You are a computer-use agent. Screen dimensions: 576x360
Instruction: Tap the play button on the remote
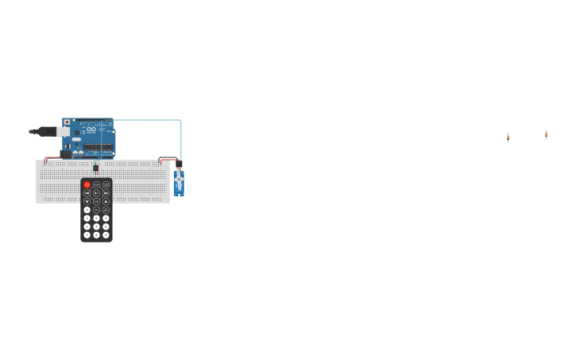click(96, 193)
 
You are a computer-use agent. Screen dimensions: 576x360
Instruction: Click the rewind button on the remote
click(87, 193)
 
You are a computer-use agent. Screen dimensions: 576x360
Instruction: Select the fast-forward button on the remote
click(106, 193)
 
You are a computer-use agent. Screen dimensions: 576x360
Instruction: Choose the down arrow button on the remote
click(87, 202)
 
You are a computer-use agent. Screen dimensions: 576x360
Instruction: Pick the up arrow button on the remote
click(106, 202)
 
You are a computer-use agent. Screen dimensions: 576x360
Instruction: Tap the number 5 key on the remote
click(96, 226)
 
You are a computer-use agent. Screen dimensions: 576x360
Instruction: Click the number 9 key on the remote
click(106, 234)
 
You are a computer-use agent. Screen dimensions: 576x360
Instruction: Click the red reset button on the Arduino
click(67, 122)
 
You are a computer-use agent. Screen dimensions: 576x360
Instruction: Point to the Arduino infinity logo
click(91, 130)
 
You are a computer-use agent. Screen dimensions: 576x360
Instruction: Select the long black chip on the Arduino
click(99, 147)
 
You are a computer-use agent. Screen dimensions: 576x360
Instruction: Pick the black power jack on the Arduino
click(65, 153)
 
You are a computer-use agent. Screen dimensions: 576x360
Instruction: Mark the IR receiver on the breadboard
click(96, 168)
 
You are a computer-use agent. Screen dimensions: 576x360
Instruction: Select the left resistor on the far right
click(508, 138)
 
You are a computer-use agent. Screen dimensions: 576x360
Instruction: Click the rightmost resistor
click(546, 135)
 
